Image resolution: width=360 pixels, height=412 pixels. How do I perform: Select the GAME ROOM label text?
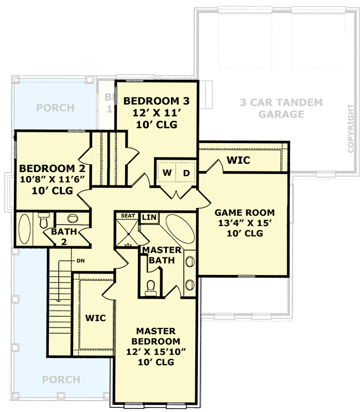244,212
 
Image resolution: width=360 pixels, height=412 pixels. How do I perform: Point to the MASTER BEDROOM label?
156,336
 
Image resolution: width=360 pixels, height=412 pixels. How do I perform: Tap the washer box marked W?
167,173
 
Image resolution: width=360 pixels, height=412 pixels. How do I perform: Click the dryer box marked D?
186,173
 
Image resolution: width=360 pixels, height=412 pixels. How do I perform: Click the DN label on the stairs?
81,261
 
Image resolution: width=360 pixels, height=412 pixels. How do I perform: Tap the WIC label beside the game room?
238,161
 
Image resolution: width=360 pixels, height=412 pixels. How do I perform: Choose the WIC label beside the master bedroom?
95,318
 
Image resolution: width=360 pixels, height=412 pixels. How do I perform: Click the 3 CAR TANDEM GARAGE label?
281,108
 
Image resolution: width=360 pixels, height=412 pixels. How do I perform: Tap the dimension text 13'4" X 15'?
244,223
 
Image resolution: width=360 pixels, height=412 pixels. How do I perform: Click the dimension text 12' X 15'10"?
156,352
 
